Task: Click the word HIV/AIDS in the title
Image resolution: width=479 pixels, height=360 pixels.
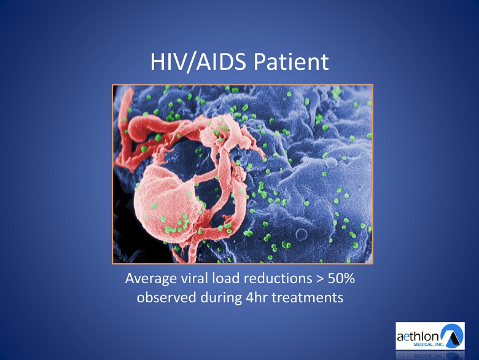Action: point(198,62)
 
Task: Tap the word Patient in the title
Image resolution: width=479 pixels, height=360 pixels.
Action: point(291,61)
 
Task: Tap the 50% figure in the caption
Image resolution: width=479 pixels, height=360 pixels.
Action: point(341,278)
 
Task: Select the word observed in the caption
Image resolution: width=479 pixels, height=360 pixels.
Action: point(166,297)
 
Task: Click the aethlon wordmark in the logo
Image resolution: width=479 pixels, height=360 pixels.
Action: point(418,337)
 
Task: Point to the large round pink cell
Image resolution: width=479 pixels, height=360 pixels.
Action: point(166,203)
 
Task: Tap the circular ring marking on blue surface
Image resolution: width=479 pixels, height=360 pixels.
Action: point(302,235)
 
